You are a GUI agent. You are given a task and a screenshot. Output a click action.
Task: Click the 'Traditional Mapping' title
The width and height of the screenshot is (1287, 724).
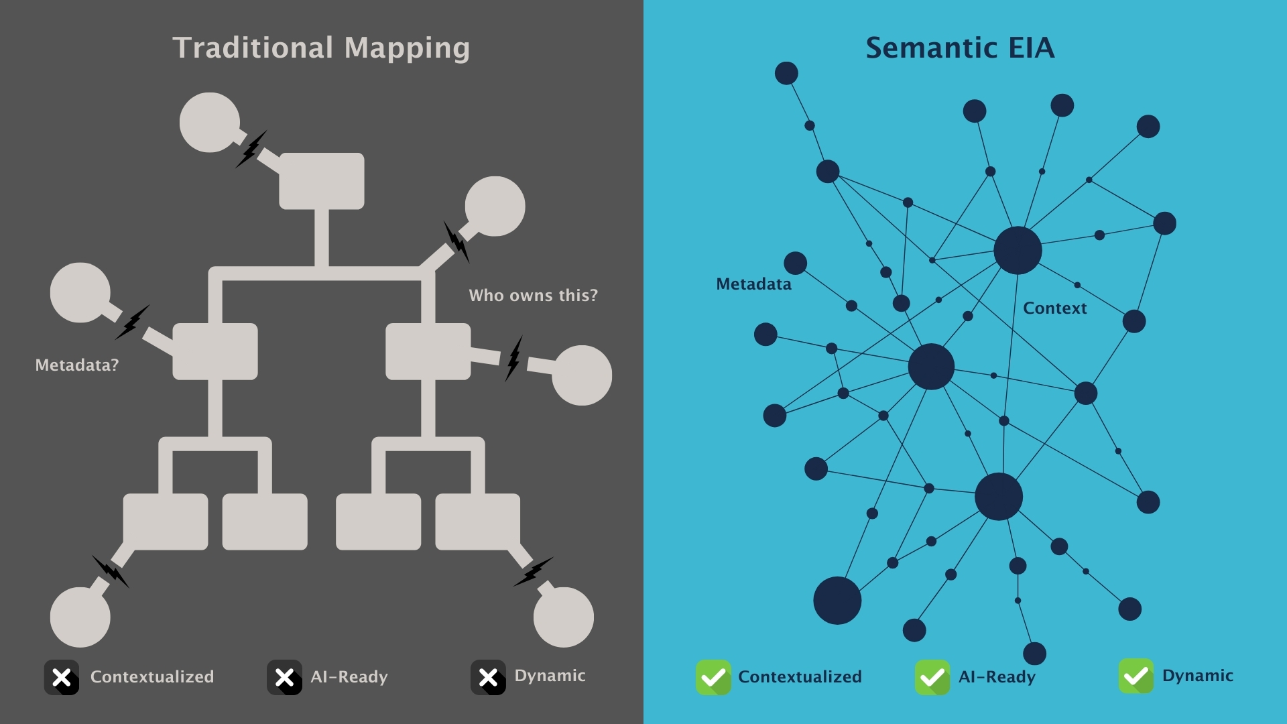point(321,48)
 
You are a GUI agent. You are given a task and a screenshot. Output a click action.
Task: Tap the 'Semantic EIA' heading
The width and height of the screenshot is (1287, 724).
point(960,48)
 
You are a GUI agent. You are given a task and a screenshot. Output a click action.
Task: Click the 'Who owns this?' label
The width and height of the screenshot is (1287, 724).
point(533,296)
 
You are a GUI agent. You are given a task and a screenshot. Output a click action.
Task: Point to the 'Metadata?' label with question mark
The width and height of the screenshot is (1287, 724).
point(77,365)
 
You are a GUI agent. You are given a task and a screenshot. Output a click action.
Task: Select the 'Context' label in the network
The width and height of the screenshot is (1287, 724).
point(1054,308)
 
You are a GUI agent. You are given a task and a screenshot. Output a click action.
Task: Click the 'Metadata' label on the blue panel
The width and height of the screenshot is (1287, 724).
point(753,284)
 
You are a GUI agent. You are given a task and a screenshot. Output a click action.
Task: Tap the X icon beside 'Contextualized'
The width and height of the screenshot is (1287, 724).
point(62,678)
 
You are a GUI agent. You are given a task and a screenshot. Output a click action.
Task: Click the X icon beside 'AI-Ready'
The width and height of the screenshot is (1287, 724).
point(284,678)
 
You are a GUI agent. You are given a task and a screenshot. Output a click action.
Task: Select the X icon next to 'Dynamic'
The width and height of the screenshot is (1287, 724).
point(488,678)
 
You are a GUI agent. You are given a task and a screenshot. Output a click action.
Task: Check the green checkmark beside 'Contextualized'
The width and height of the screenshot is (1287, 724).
point(713,678)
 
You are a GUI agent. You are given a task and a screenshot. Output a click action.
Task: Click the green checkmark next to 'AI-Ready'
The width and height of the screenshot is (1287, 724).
point(932,678)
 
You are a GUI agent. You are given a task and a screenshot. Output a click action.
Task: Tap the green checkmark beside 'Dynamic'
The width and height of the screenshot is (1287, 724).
point(1136,676)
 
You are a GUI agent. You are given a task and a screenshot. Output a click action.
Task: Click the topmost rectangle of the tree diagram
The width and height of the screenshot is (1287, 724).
point(322,181)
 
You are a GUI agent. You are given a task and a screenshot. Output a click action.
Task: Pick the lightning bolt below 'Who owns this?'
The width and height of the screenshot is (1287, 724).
point(514,358)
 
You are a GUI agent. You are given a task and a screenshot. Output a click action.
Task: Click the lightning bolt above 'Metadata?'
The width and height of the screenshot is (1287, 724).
point(133,322)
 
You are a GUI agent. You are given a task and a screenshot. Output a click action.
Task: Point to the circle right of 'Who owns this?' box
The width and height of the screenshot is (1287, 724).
point(582,375)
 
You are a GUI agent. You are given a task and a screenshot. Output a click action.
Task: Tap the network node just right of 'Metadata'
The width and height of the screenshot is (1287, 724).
point(795,263)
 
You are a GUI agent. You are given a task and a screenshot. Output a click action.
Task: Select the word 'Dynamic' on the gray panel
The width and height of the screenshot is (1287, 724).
point(550,676)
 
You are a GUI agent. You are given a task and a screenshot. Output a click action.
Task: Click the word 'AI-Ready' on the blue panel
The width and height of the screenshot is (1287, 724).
point(997,677)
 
